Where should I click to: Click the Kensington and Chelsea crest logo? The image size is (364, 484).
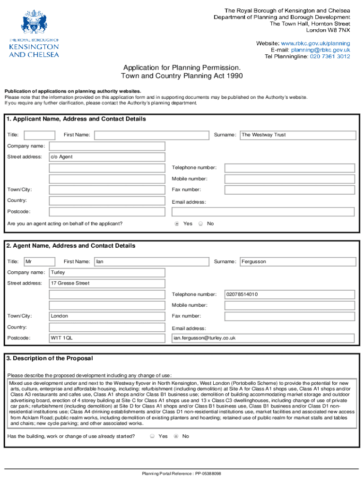click(x=34, y=22)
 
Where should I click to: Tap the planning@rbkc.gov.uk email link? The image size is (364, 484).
click(x=321, y=50)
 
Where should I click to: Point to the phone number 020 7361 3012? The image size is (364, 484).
click(x=330, y=56)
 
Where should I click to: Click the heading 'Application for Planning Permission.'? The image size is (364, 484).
click(x=182, y=68)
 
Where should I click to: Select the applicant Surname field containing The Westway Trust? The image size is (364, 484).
click(x=298, y=135)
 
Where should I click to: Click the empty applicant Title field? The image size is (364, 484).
click(x=39, y=135)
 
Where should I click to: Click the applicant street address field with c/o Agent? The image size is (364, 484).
click(x=107, y=157)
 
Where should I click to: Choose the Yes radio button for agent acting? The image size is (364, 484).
click(x=177, y=224)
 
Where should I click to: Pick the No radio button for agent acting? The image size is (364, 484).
click(x=200, y=224)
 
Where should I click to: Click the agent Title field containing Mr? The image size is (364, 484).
click(x=39, y=261)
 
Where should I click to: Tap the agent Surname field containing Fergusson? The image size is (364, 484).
click(x=298, y=261)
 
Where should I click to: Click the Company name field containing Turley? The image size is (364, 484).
click(x=107, y=273)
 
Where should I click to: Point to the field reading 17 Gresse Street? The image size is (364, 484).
click(x=107, y=284)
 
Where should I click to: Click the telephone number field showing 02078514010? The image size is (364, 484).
click(x=289, y=294)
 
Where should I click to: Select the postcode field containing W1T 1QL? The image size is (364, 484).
click(x=107, y=338)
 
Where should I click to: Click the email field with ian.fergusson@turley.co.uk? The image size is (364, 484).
click(x=263, y=338)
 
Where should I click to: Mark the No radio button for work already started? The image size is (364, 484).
click(x=176, y=436)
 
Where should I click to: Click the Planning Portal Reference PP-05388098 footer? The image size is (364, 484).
click(x=182, y=474)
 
